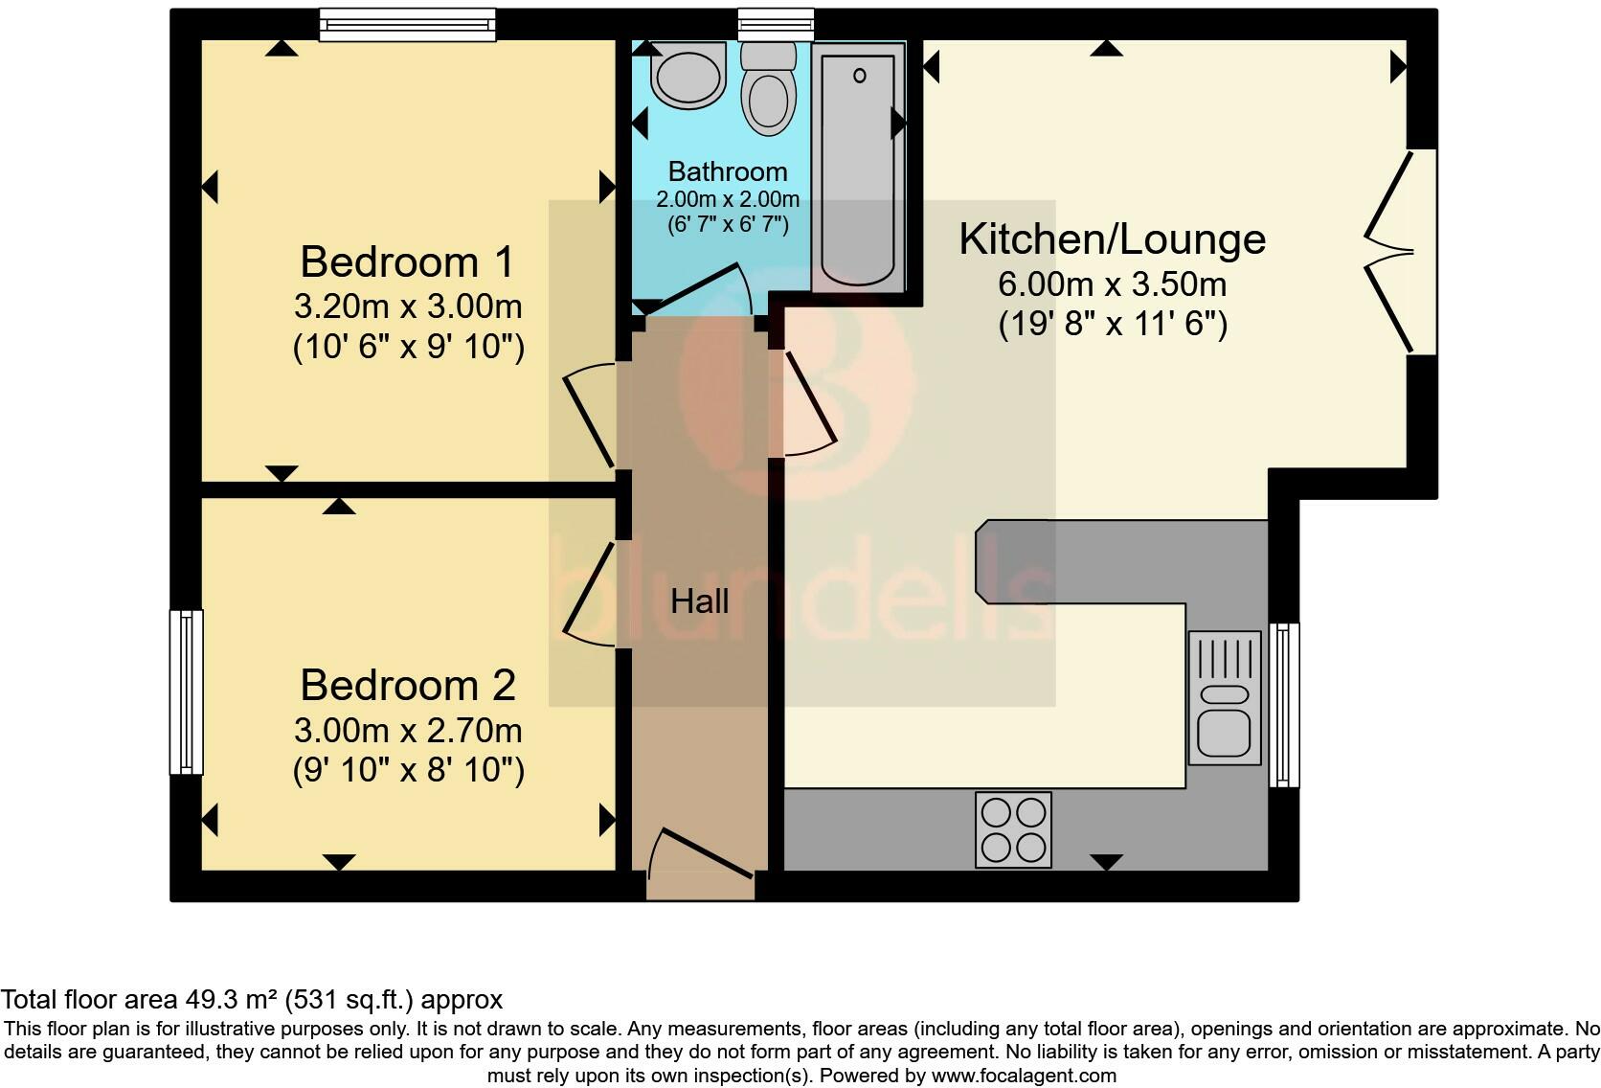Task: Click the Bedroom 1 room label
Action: point(407,261)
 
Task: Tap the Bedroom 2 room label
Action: point(407,685)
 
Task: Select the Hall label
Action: point(699,601)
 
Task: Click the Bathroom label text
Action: point(728,171)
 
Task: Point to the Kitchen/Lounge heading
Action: point(1112,238)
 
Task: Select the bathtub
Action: point(859,168)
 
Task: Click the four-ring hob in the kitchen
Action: point(1013,829)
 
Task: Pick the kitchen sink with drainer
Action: point(1224,697)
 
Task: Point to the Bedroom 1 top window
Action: point(407,24)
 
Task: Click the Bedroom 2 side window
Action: point(186,691)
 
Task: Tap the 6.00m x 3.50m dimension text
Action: point(1112,284)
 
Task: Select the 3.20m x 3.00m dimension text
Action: point(407,306)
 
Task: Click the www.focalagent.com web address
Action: point(1023,1076)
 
